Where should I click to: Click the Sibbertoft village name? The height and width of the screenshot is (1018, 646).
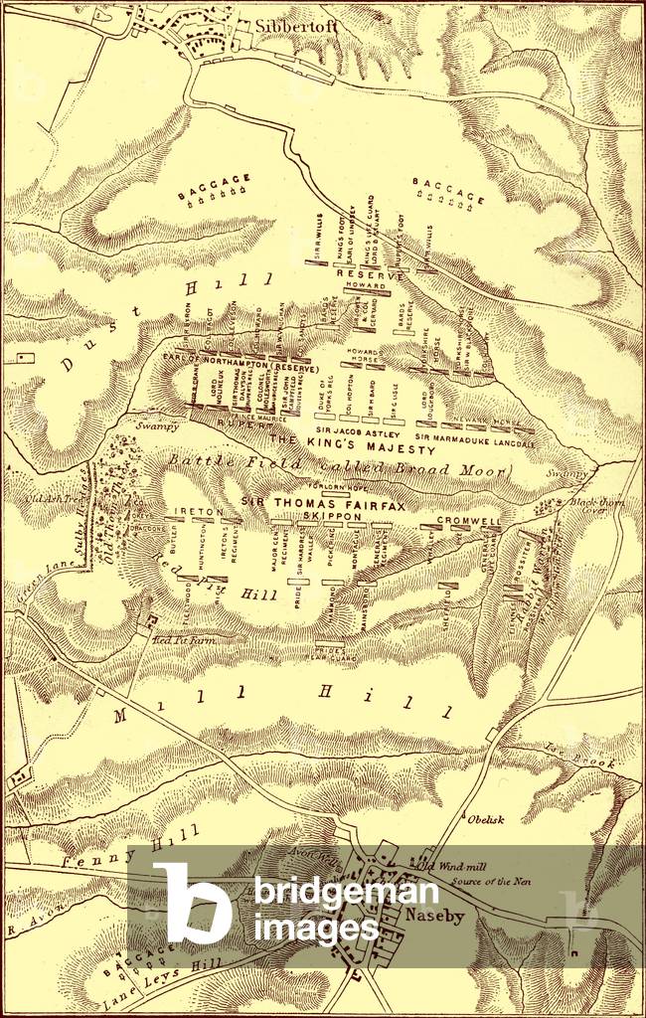click(x=296, y=28)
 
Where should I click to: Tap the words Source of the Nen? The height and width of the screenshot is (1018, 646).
click(x=486, y=881)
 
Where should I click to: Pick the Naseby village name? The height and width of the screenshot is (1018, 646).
click(x=431, y=916)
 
